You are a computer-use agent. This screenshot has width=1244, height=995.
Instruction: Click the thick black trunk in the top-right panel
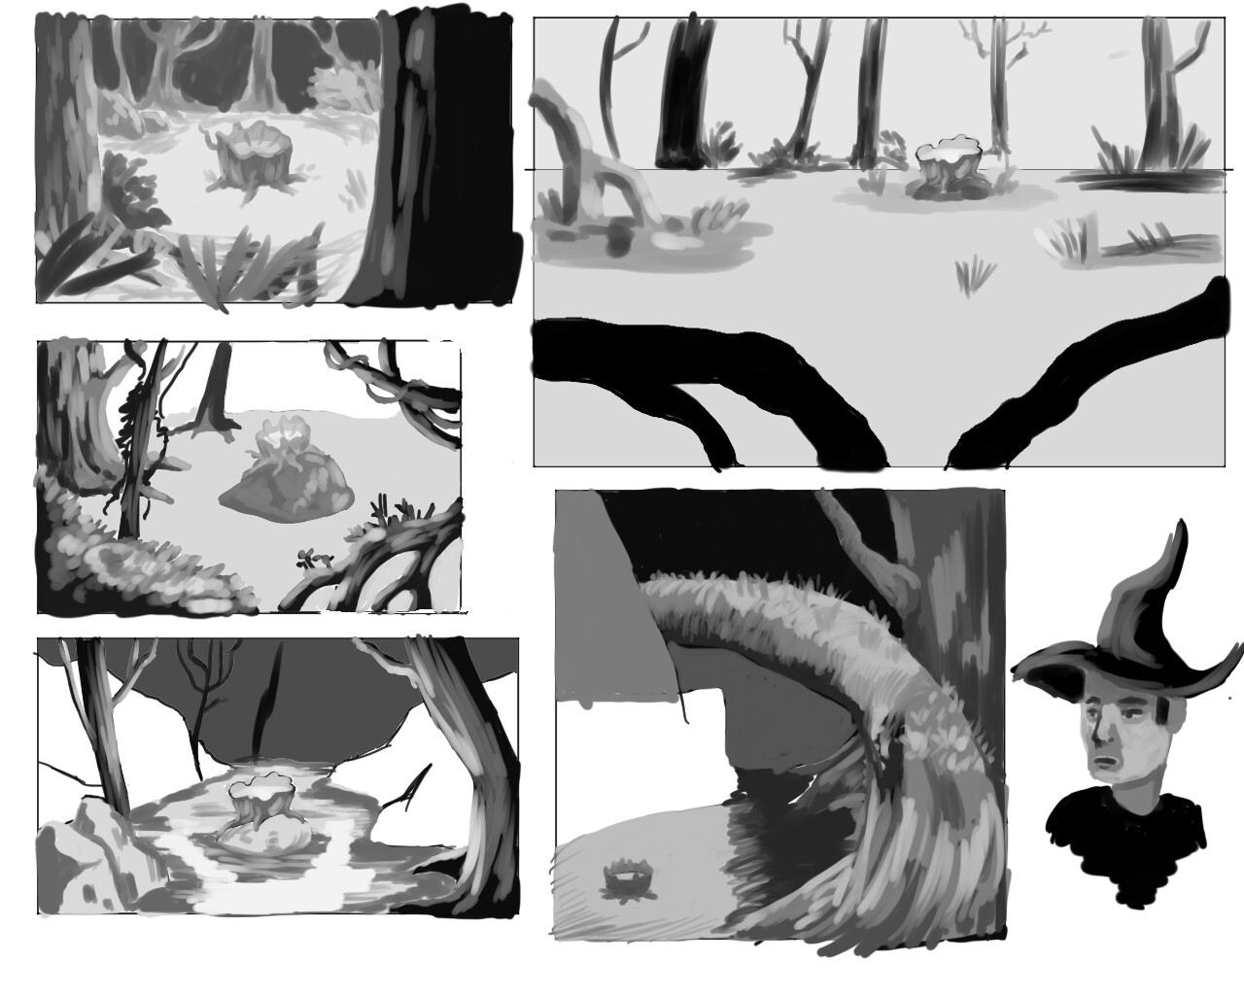coord(684,92)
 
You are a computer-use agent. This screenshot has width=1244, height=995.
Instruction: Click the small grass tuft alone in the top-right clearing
coord(971,274)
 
